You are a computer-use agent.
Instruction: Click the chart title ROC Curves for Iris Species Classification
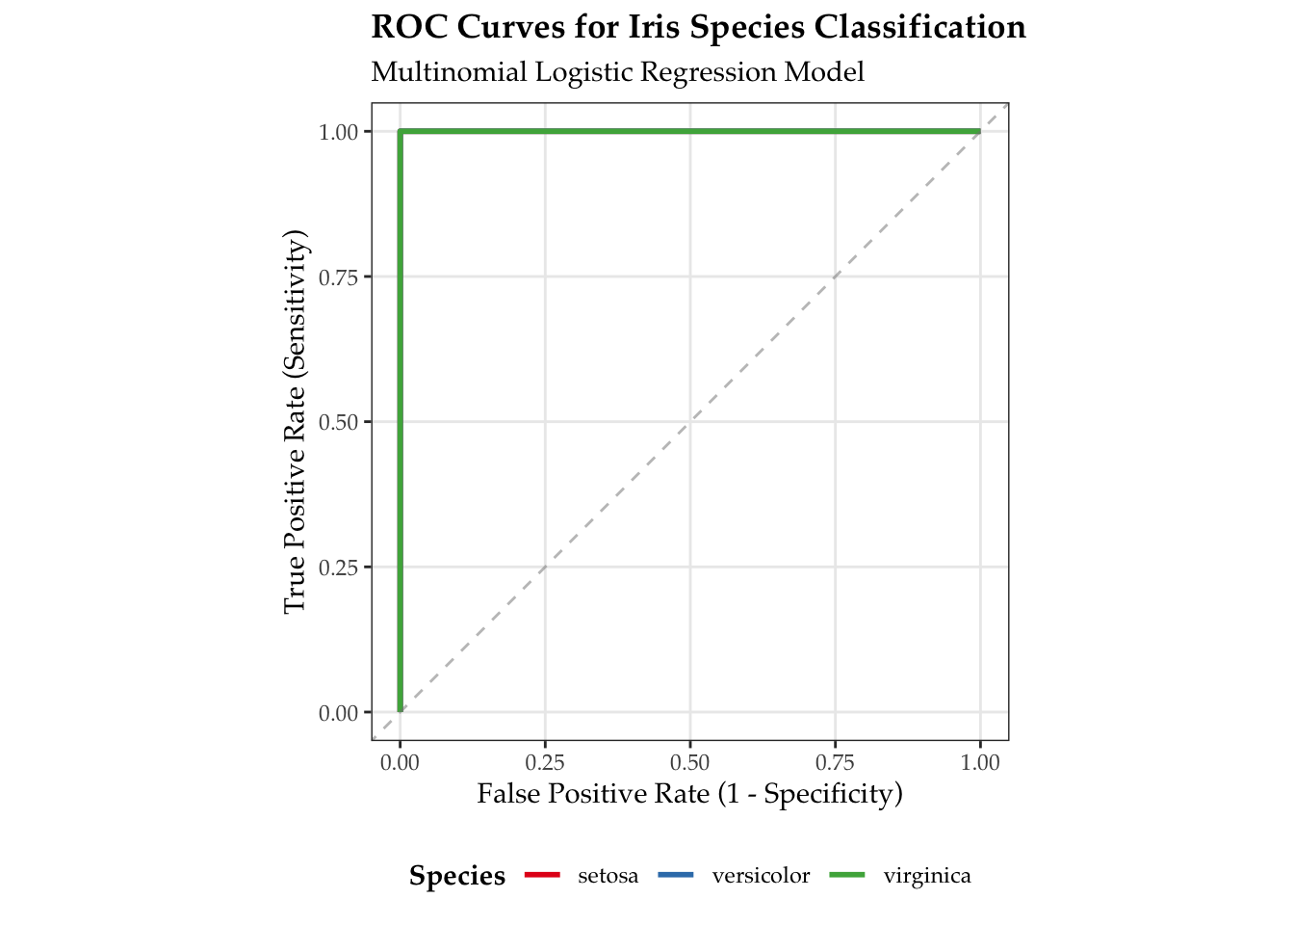click(x=698, y=27)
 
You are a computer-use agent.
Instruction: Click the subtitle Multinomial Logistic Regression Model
click(x=617, y=72)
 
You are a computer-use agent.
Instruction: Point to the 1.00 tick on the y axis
click(x=338, y=132)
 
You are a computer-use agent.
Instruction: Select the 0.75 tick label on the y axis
click(x=338, y=277)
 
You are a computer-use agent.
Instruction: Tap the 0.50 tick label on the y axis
click(x=338, y=422)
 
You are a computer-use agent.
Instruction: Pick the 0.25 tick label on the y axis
click(x=338, y=568)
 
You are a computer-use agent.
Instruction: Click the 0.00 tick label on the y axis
click(x=338, y=713)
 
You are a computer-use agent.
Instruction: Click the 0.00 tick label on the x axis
click(x=401, y=763)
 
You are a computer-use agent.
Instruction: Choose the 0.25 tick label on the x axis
click(x=545, y=763)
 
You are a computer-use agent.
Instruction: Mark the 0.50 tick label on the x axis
click(x=690, y=763)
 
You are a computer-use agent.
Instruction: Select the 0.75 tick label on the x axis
click(x=835, y=763)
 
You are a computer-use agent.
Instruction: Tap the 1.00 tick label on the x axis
click(x=980, y=763)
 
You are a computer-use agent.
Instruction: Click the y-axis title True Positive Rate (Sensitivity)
click(x=295, y=421)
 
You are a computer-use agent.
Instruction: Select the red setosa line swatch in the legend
click(x=542, y=875)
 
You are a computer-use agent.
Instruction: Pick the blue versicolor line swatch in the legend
click(x=675, y=875)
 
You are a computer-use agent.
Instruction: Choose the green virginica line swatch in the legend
click(x=846, y=875)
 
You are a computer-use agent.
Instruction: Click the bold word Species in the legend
click(x=457, y=876)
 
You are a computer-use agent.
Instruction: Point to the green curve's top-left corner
click(x=401, y=132)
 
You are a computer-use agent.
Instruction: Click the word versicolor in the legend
click(x=761, y=876)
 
